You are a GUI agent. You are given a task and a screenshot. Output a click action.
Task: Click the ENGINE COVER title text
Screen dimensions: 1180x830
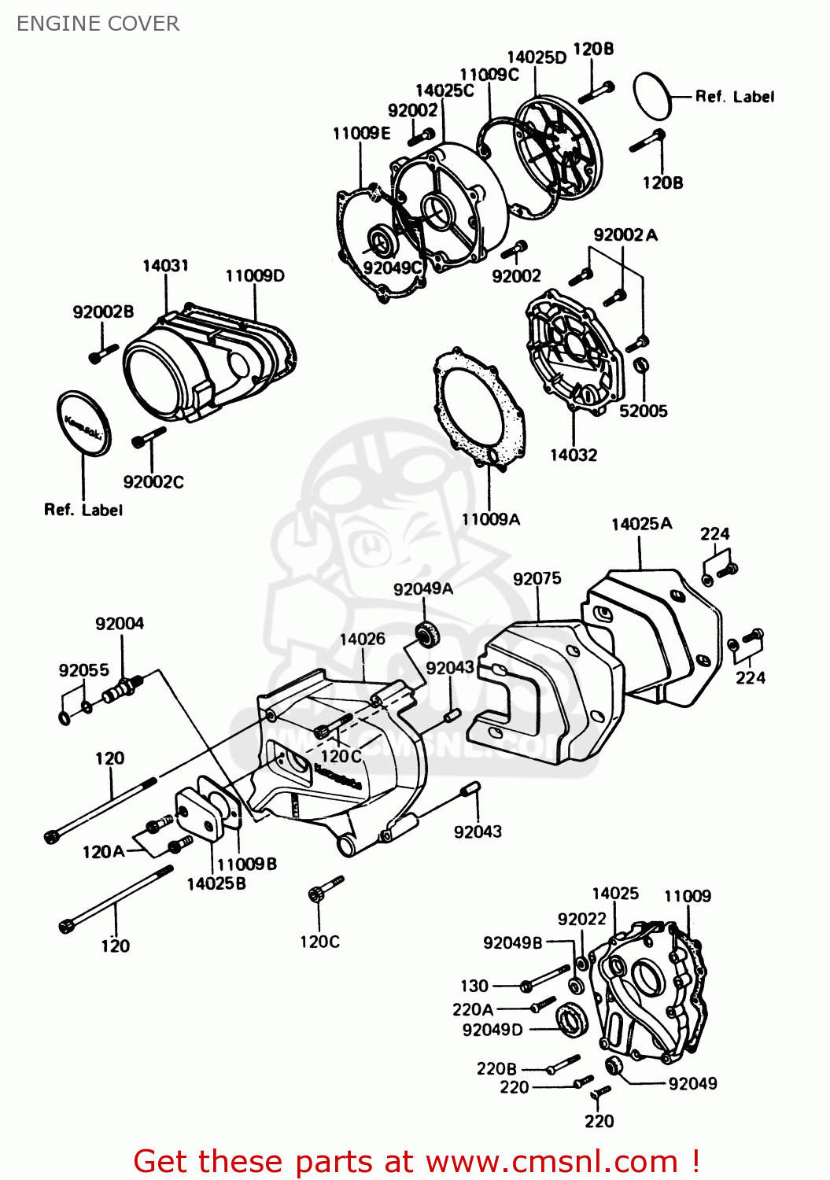pyautogui.click(x=98, y=24)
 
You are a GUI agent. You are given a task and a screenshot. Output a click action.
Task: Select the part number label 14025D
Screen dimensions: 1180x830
pyautogui.click(x=536, y=57)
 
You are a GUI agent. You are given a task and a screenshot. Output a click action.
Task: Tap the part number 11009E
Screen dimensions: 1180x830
pyautogui.click(x=361, y=133)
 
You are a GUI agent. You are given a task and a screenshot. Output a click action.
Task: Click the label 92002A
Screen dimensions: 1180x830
pyautogui.click(x=625, y=234)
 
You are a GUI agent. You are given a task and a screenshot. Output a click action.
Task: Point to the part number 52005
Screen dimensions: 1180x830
pyautogui.click(x=643, y=411)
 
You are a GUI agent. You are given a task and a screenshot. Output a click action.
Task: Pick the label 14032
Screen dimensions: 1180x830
pyautogui.click(x=573, y=455)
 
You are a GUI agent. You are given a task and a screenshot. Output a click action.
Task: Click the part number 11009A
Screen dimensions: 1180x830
pyautogui.click(x=490, y=519)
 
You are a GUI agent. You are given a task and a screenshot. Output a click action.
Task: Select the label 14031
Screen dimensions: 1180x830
pyautogui.click(x=165, y=266)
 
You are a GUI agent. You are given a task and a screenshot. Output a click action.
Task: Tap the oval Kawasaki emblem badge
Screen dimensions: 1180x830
pyautogui.click(x=84, y=422)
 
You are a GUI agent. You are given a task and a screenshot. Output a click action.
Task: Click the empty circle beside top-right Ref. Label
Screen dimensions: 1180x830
pyautogui.click(x=652, y=96)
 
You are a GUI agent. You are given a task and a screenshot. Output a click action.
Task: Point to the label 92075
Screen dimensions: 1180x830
pyautogui.click(x=537, y=579)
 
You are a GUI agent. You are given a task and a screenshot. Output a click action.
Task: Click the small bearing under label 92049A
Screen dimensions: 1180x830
pyautogui.click(x=426, y=634)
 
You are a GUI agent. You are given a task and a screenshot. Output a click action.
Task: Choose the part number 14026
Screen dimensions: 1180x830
pyautogui.click(x=362, y=639)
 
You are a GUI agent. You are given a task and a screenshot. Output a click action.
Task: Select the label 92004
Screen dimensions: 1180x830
pyautogui.click(x=120, y=624)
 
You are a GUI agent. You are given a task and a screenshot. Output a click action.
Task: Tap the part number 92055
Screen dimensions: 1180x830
pyautogui.click(x=83, y=670)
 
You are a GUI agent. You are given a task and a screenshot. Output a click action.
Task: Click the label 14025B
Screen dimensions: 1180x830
pyautogui.click(x=216, y=883)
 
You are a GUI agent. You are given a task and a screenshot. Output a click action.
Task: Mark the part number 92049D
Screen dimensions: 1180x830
pyautogui.click(x=492, y=1030)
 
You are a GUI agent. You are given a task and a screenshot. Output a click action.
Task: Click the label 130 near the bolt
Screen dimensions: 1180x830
pyautogui.click(x=474, y=986)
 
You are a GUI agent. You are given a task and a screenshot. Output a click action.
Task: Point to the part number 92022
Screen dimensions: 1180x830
pyautogui.click(x=581, y=919)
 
